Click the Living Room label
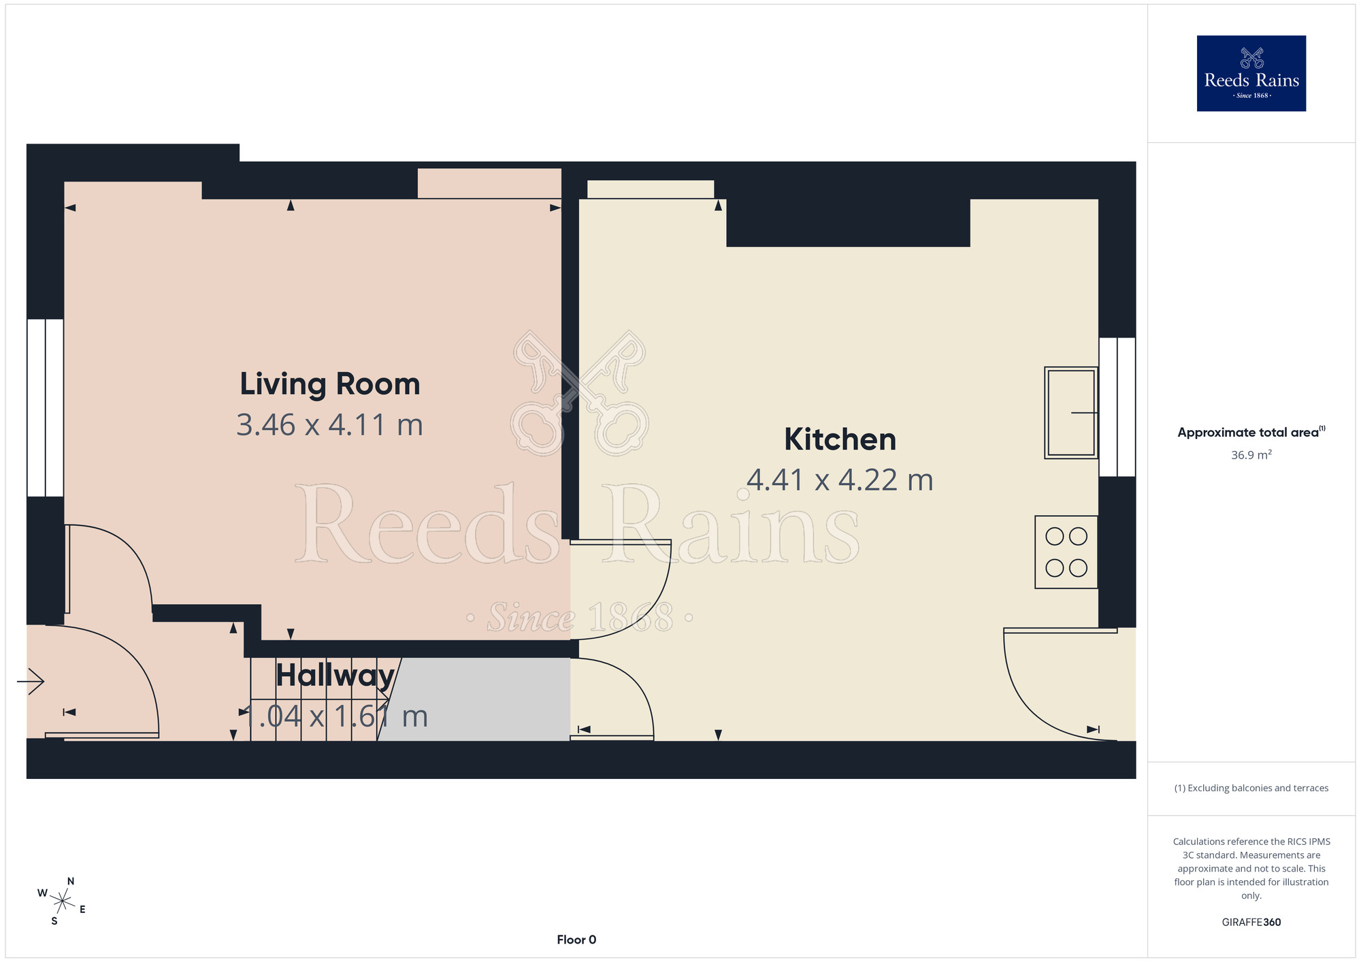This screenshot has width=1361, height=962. click(330, 384)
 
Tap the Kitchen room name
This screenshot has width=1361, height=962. click(840, 439)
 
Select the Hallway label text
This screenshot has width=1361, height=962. click(335, 676)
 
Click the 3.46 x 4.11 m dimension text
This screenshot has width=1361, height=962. click(330, 425)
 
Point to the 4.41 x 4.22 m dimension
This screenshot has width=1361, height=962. click(840, 480)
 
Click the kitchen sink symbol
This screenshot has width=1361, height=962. click(1071, 413)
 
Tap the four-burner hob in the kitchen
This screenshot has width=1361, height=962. click(1066, 552)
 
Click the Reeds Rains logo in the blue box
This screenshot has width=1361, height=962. click(1251, 73)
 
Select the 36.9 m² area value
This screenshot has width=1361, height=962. click(1251, 454)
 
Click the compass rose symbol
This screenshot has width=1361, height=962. click(62, 902)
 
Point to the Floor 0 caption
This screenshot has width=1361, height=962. click(576, 940)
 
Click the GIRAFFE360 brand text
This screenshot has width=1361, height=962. click(1251, 923)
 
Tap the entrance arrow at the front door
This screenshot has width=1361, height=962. click(31, 681)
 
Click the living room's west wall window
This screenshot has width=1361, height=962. click(46, 408)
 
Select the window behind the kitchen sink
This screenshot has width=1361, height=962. click(1117, 407)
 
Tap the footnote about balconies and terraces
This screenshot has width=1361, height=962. click(1251, 788)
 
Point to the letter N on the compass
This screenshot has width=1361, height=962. click(71, 881)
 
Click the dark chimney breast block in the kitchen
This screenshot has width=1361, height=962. click(848, 222)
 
